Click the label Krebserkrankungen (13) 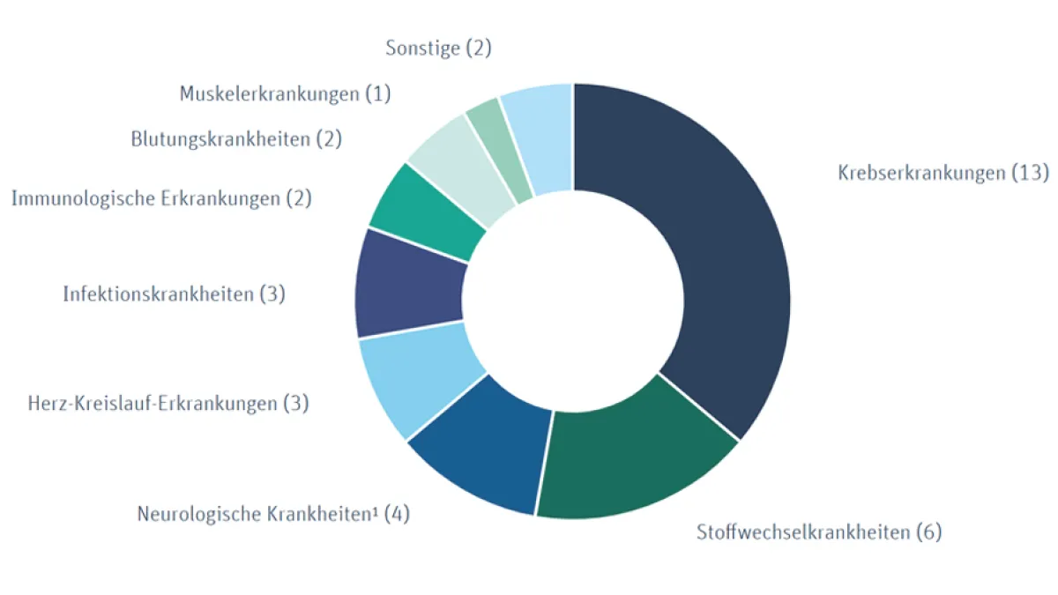click(943, 173)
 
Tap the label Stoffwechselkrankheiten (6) click(819, 532)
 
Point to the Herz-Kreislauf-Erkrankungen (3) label click(168, 404)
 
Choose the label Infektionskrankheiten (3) click(174, 294)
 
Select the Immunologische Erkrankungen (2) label click(161, 198)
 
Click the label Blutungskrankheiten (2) click(235, 138)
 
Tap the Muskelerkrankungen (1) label click(285, 93)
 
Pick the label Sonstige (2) click(438, 48)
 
